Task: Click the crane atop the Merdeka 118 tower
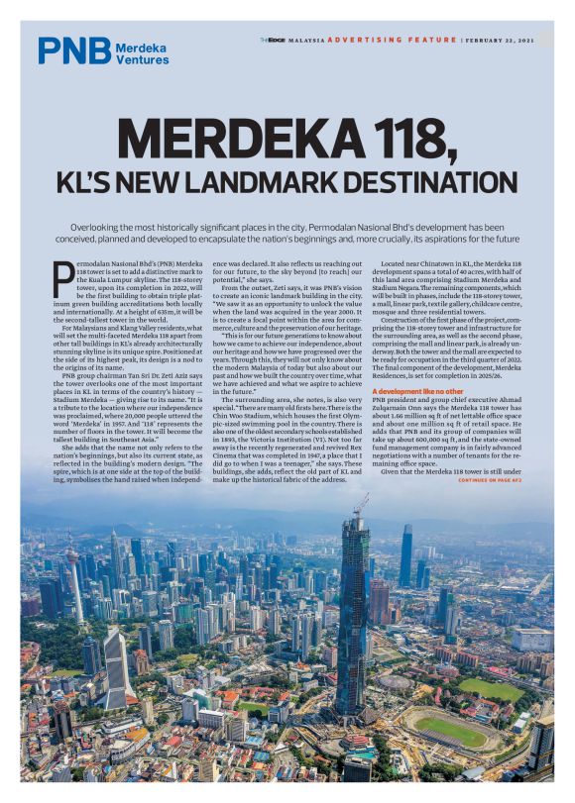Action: [x=363, y=502]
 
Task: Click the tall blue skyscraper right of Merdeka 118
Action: [x=405, y=555]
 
